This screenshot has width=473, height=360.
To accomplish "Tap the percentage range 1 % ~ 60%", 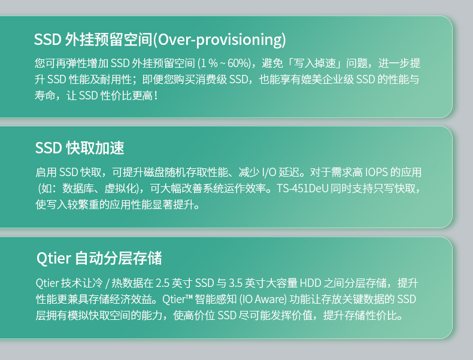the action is point(224,63).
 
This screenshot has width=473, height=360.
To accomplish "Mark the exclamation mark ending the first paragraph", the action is point(155,96).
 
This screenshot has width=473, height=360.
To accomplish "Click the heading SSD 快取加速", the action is point(80,148).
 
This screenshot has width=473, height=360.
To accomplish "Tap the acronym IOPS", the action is point(376,172).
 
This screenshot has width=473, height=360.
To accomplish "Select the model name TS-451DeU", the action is point(302,188).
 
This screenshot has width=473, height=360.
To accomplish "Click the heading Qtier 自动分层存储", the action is point(99,258).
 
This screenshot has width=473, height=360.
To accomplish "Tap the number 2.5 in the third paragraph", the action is point(162,283).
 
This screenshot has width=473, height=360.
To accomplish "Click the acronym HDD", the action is point(310,283).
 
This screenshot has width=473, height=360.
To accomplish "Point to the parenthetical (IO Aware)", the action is point(263,299).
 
